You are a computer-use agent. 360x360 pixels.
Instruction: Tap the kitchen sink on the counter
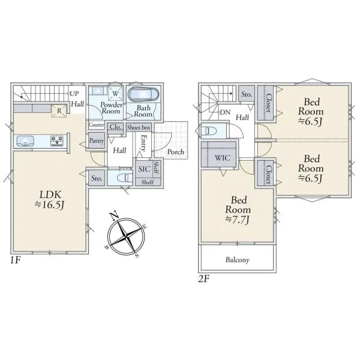[x=25, y=141]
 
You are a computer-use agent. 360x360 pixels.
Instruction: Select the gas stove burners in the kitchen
[x=57, y=140]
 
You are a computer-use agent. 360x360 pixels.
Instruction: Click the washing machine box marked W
[x=115, y=93]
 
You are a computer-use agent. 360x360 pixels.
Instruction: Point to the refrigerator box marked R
[x=59, y=111]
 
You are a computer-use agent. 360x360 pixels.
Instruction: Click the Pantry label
[x=97, y=140]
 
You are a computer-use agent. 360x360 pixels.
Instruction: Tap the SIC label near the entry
[x=144, y=169]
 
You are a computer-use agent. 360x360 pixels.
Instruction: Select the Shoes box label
[x=139, y=127]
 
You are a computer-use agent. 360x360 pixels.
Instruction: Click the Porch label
[x=176, y=152]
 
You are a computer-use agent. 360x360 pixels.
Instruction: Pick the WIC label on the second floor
[x=222, y=158]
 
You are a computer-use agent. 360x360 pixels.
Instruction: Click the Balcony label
[x=238, y=260]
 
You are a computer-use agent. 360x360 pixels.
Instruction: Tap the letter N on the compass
[x=114, y=216]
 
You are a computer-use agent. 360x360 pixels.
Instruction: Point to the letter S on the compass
[x=137, y=256]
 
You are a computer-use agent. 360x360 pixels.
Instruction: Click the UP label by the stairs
[x=74, y=94]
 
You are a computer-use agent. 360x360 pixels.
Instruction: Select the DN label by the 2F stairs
[x=225, y=112]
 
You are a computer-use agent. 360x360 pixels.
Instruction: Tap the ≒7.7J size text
[x=238, y=220]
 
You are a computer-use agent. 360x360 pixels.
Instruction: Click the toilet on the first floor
[x=125, y=178]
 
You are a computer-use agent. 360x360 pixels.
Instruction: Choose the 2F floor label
[x=204, y=278]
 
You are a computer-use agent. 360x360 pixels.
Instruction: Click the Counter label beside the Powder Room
[x=97, y=125]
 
